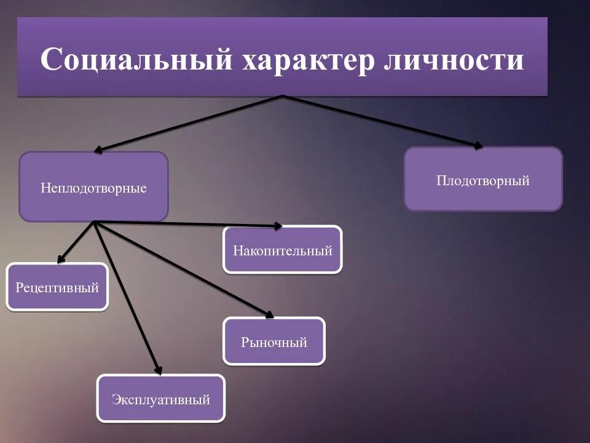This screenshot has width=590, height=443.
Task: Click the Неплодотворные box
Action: tap(93, 186)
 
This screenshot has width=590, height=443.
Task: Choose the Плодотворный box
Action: tap(483, 179)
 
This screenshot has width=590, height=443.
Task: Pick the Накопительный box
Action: tap(282, 249)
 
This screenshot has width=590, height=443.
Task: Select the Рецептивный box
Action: tap(57, 286)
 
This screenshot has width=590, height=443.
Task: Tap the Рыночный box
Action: tap(274, 341)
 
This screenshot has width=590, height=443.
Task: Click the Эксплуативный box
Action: tap(161, 398)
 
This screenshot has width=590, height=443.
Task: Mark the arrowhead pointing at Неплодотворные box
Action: tap(99, 149)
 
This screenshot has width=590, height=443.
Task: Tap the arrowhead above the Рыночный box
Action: tap(269, 314)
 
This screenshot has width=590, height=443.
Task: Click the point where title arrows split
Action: tap(282, 97)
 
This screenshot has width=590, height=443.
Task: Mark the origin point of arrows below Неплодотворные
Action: tap(95, 222)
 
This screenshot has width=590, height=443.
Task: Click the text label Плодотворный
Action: tap(483, 181)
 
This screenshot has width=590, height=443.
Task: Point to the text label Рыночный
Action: tap(274, 343)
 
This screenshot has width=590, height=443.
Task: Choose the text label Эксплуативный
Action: tap(161, 400)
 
